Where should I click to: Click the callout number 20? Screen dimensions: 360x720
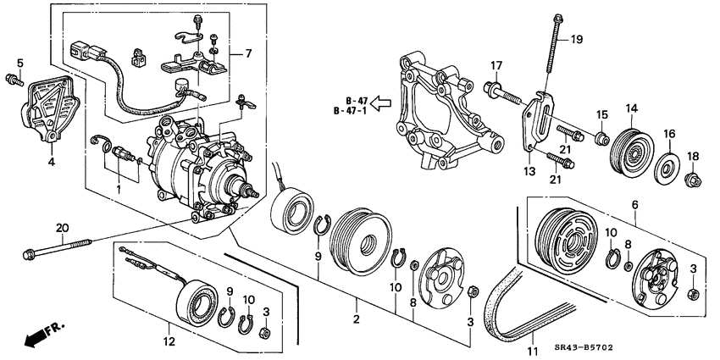click(x=60, y=227)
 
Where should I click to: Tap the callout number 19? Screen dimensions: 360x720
click(x=577, y=39)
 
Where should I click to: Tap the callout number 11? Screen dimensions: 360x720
click(x=533, y=350)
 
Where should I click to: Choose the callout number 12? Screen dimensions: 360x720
click(x=169, y=341)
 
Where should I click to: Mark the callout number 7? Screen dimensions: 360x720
click(x=248, y=53)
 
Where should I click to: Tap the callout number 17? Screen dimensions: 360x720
click(x=496, y=65)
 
